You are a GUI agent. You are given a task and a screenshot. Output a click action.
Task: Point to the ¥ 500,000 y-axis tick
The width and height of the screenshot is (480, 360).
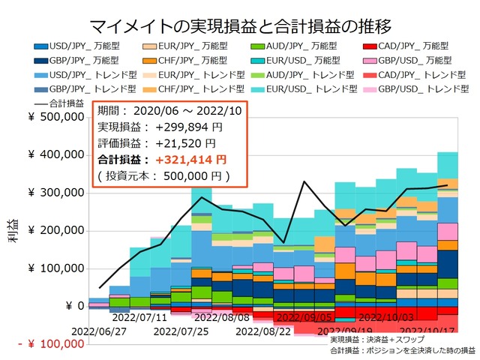tap(55, 117)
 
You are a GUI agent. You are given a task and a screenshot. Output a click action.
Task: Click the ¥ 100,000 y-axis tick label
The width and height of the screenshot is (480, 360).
tap(55, 268)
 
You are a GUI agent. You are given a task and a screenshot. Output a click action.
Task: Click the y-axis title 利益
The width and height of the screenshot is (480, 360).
tap(16, 231)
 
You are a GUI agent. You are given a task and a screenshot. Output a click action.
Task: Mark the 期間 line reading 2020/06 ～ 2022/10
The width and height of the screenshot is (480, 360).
tap(160, 110)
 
